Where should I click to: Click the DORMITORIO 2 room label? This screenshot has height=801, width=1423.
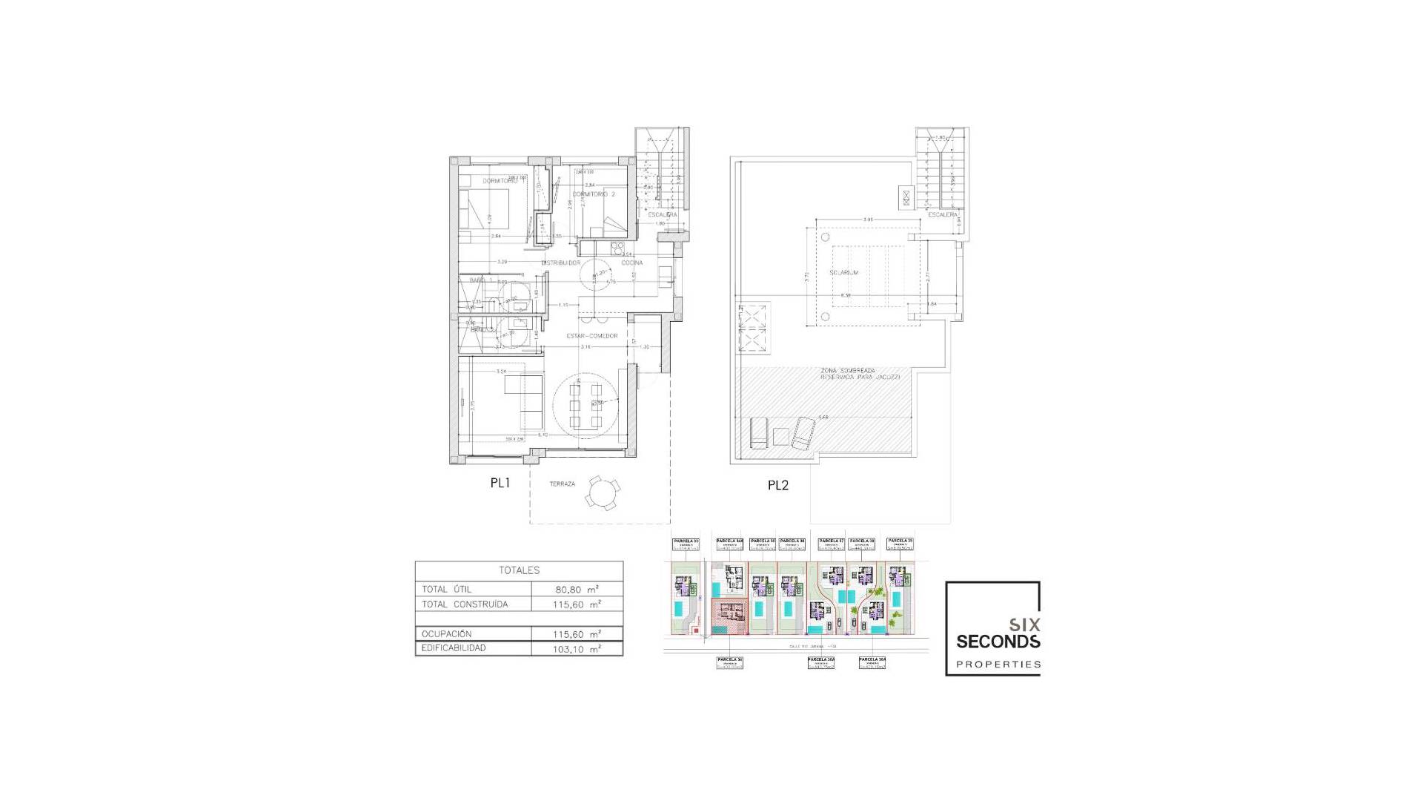594,194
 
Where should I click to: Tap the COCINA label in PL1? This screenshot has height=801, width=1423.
631,263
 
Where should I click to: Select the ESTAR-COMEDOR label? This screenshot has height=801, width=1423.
591,336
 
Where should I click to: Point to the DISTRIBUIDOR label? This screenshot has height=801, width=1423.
560,263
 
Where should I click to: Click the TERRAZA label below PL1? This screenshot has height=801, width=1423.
562,484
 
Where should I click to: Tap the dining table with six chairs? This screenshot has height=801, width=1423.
586,406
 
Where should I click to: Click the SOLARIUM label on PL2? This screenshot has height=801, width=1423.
843,273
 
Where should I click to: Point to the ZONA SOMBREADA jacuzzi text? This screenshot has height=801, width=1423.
860,374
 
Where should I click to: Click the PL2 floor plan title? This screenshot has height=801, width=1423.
777,486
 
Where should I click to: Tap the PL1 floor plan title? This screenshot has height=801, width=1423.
500,483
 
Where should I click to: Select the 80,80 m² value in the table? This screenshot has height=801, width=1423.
577,590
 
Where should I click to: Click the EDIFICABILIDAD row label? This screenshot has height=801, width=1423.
454,648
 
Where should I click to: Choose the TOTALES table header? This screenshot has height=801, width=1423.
519,570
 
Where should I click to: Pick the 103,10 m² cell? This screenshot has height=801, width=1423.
577,649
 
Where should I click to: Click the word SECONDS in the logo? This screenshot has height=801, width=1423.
998,642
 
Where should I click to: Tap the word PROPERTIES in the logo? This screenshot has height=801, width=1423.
998,665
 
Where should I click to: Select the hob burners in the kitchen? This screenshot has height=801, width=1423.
617,248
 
